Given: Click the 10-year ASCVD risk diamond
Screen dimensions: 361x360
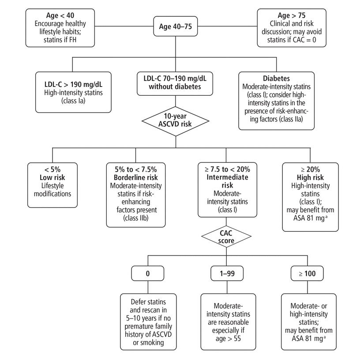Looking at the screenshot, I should [176, 120].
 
